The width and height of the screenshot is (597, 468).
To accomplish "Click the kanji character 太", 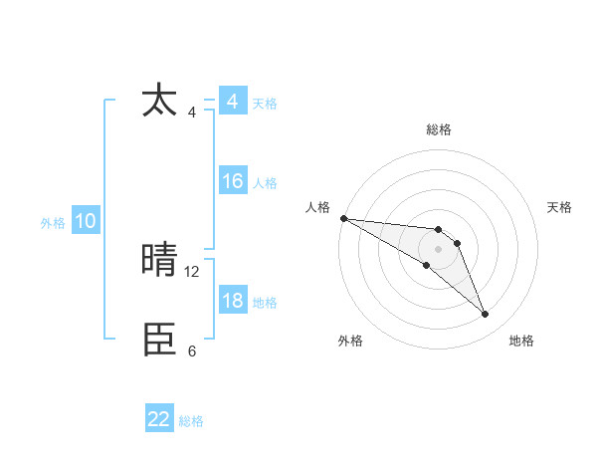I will tap(160, 101).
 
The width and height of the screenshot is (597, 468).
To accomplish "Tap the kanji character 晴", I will tap(160, 261).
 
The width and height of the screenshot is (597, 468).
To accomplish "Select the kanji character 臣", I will tap(160, 341).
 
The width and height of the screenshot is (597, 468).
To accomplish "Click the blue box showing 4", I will tap(232, 102).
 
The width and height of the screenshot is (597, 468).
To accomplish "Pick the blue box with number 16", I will tap(232, 181).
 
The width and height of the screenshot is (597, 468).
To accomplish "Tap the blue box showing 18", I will tap(232, 301).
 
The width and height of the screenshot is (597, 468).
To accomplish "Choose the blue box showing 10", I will tap(86, 221).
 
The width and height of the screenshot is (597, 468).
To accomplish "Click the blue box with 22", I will tap(159, 419).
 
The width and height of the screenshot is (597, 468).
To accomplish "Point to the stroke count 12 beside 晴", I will tap(192, 271).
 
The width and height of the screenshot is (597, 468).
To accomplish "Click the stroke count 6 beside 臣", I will tap(192, 351).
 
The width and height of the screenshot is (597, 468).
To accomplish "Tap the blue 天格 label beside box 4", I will tap(265, 104).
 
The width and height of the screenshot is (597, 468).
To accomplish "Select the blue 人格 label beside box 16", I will tap(265, 183).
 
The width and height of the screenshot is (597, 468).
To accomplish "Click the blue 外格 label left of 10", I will tap(53, 223).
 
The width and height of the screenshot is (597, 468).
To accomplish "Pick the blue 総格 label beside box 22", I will tap(191, 421).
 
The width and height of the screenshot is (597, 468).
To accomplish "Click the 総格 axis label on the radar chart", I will tap(438, 129).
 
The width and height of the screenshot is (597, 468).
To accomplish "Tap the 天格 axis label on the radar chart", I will tap(560, 207).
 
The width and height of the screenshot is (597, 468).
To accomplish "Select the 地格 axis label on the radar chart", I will tap(521, 341).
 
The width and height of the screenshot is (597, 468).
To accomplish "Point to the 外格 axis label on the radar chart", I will tap(350, 341).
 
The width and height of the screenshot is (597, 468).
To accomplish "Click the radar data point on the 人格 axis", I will tap(343, 218).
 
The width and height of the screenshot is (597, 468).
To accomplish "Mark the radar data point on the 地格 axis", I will tap(486, 315).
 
